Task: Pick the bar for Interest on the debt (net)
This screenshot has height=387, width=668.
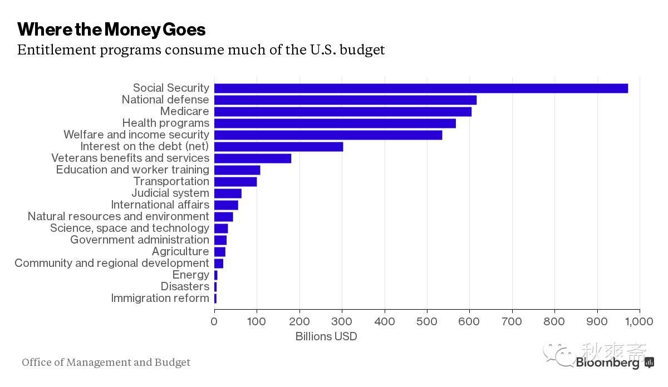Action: point(278,147)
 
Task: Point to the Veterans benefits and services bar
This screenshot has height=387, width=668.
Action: point(253,158)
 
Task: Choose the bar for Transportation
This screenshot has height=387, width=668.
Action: point(235,182)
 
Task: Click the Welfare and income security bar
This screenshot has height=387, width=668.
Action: point(328,135)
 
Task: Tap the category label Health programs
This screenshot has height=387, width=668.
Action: point(166,123)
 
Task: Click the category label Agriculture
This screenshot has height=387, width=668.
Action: point(180,251)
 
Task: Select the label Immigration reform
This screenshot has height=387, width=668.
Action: point(160,298)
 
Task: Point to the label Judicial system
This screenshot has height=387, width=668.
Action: point(170,193)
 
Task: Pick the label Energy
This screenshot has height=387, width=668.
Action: point(191,275)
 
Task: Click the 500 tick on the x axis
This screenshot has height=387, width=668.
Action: point(427,321)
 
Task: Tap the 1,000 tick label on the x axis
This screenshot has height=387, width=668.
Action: point(638,321)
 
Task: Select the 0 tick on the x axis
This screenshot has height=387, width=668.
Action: point(214,321)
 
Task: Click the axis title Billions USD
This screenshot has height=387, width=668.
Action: point(326,336)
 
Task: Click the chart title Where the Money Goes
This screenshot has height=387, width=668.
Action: point(111,29)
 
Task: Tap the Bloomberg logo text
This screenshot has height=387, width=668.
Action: point(608,363)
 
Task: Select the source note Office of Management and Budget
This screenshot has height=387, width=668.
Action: point(106,363)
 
